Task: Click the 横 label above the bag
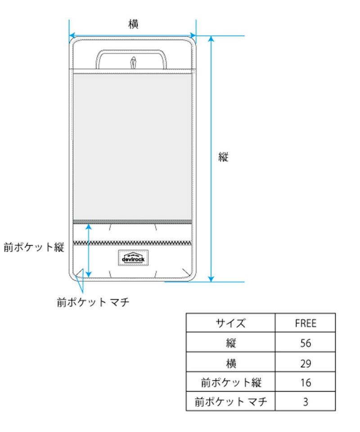coord(133,25)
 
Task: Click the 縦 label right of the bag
coord(224,157)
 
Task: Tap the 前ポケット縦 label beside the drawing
coord(34,247)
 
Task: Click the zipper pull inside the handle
coord(133,62)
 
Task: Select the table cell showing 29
coord(306,363)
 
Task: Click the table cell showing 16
coord(306,383)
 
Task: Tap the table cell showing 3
coord(306,402)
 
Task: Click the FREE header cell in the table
coord(306,323)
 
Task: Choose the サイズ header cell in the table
coord(230,323)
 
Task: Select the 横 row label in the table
coord(230,363)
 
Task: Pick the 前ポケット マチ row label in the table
coord(230,402)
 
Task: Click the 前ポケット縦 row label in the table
coord(230,383)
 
